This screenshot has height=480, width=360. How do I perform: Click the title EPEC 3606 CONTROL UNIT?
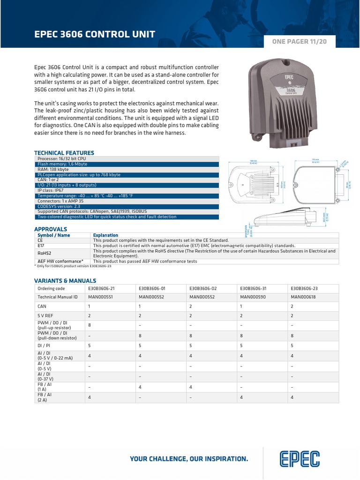tap(95, 34)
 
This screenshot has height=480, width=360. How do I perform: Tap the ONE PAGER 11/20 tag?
tap(299, 42)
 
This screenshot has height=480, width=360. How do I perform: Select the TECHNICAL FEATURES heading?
tap(64, 153)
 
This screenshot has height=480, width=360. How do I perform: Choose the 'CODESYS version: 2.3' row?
tap(59, 206)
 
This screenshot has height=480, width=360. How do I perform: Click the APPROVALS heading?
tap(51, 229)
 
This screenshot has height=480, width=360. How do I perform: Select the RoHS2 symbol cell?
tap(45, 251)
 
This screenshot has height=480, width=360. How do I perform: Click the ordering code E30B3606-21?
tap(101, 288)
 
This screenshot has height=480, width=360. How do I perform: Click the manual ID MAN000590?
tap(253, 297)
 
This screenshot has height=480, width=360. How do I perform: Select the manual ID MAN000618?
tap(303, 297)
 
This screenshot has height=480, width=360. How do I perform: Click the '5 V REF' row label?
tap(45, 315)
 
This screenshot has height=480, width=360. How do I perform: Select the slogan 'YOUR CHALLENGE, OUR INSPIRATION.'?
tap(189, 458)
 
